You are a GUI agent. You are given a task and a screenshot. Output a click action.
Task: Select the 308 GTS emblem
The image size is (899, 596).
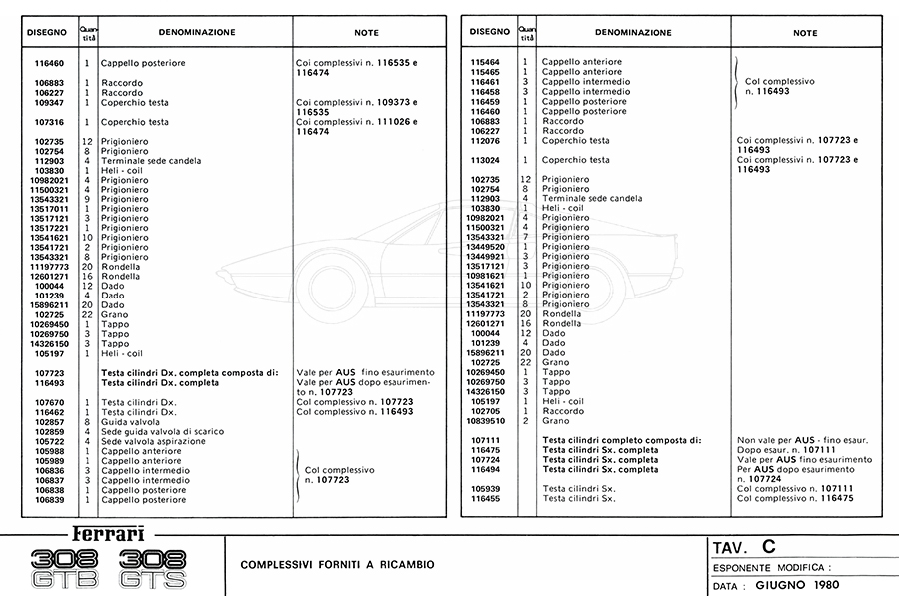(151, 568)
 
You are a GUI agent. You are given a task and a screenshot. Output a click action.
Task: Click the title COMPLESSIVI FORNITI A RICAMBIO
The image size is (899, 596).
(337, 564)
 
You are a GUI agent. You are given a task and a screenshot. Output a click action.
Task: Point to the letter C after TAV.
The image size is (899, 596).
(767, 546)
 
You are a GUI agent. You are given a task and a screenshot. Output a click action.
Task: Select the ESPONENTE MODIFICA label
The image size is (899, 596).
(770, 567)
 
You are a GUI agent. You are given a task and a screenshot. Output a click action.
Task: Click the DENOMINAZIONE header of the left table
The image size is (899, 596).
(196, 32)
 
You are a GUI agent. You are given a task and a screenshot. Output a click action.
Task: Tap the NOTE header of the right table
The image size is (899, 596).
(805, 32)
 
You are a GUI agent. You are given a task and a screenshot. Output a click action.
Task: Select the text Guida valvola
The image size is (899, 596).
(131, 422)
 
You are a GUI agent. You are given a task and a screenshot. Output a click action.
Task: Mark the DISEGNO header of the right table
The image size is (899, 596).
(490, 32)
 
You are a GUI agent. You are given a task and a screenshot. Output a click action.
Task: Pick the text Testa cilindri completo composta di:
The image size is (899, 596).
(621, 440)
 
